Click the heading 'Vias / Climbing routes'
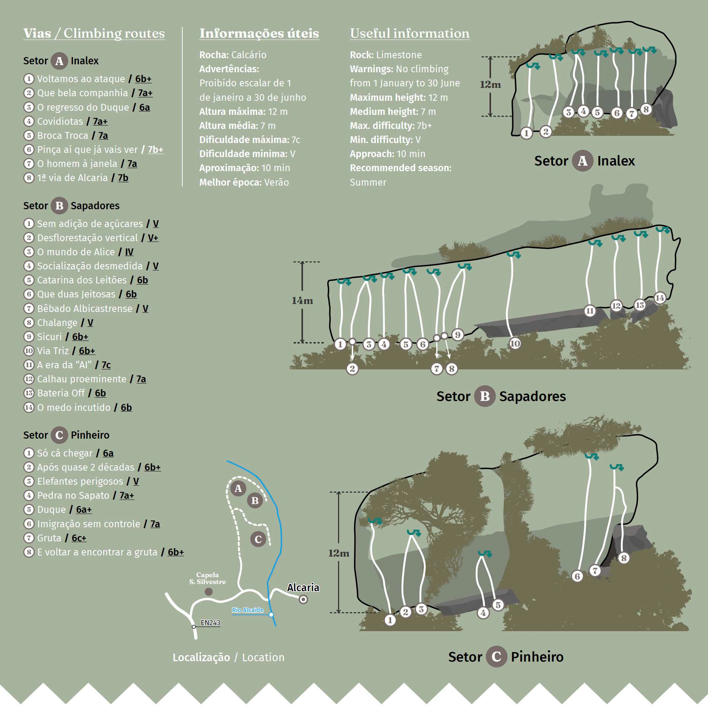click(x=94, y=33)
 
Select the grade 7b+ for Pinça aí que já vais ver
click(x=155, y=150)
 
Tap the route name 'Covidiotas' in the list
click(x=60, y=121)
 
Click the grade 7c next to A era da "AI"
click(x=106, y=365)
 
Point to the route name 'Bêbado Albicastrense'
click(x=85, y=309)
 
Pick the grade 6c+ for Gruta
click(x=79, y=538)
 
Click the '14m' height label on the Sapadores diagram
click(x=302, y=301)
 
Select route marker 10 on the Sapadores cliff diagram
click(x=515, y=344)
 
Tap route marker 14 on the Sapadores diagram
click(x=660, y=298)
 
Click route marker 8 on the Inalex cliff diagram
click(x=646, y=109)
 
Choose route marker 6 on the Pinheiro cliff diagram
click(x=577, y=576)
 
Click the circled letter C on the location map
click(x=258, y=539)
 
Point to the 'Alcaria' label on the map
click(x=303, y=587)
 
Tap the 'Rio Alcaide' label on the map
click(x=248, y=610)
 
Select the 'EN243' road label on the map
click(x=210, y=623)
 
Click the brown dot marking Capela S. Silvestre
click(x=209, y=592)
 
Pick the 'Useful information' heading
click(x=410, y=33)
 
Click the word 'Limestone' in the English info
click(x=399, y=55)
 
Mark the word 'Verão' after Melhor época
click(x=276, y=182)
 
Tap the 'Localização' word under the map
click(x=201, y=657)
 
